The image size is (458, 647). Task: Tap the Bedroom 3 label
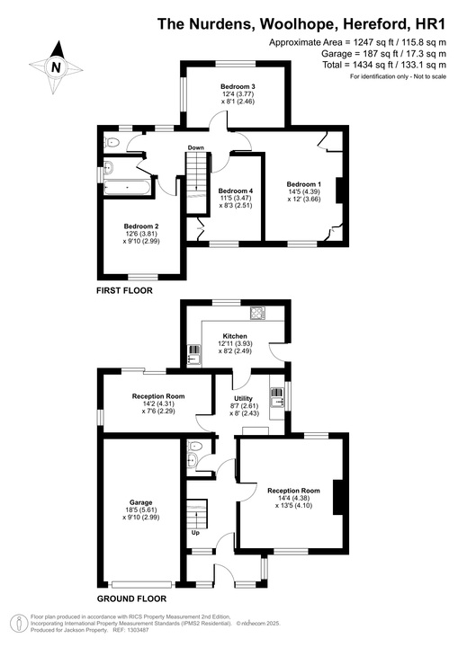click(x=238, y=87)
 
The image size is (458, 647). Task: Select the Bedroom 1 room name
click(x=304, y=182)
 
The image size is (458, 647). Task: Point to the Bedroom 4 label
click(x=236, y=191)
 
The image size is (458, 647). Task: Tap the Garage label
click(x=140, y=501)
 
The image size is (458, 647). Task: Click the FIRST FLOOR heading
click(x=124, y=291)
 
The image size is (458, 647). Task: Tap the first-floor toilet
click(x=112, y=142)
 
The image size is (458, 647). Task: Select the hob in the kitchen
click(x=256, y=313)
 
